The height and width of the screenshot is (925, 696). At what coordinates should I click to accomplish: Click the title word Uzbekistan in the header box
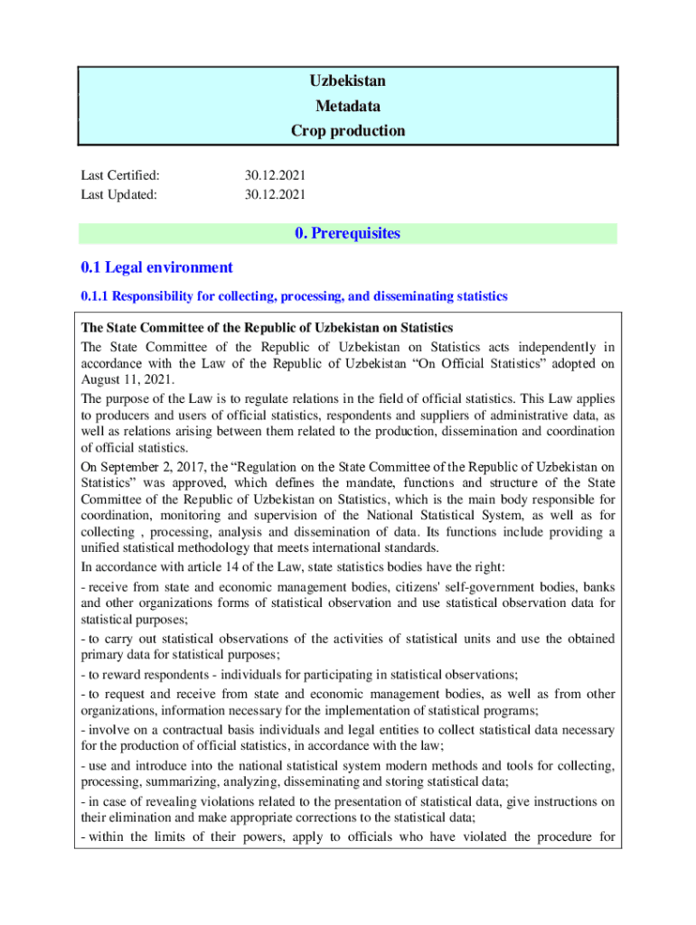(x=347, y=81)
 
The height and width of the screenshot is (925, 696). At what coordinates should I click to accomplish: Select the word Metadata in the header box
(x=347, y=106)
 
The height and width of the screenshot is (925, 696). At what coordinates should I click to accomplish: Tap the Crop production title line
(x=347, y=131)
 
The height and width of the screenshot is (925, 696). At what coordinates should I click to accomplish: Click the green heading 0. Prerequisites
(x=347, y=234)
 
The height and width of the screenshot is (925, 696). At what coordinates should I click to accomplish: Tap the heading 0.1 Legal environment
(x=156, y=267)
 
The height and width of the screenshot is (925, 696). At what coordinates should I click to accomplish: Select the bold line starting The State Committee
(x=267, y=327)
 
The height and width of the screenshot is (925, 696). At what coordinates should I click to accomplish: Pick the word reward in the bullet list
(x=123, y=675)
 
